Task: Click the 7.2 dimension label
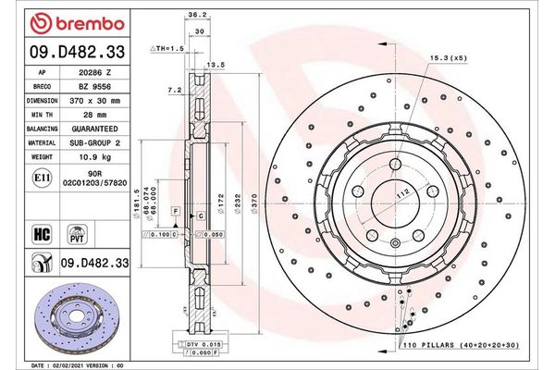click(174, 91)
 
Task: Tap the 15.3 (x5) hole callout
click(446, 58)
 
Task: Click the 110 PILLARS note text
click(462, 344)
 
